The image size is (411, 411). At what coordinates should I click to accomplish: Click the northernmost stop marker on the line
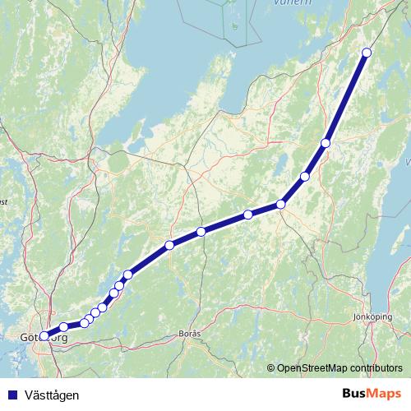click(367, 53)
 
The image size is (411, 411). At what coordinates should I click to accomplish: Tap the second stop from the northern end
click(326, 143)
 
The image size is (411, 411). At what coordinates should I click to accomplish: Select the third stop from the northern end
click(305, 177)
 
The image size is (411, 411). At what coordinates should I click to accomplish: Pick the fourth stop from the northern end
click(280, 204)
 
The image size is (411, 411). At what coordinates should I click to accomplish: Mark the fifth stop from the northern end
click(247, 215)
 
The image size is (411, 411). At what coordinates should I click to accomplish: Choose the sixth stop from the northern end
click(201, 232)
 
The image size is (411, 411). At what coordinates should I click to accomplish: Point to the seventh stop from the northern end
click(169, 245)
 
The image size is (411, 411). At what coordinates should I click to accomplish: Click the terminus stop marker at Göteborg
click(44, 335)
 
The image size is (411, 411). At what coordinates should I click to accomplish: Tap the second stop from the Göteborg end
click(63, 328)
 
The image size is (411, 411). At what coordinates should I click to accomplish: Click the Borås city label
click(189, 335)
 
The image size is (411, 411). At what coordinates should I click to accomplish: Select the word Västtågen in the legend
click(53, 395)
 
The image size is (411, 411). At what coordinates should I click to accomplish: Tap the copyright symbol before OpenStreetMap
click(270, 368)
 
